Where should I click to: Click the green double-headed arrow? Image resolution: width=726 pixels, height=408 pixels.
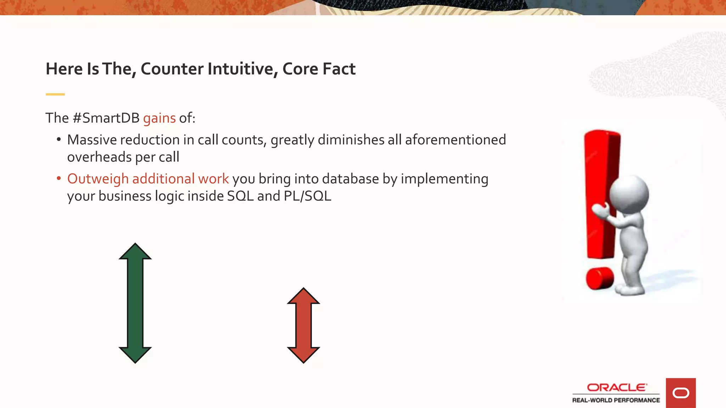coord(135,303)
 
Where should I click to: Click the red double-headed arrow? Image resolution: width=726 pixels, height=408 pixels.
coord(303,325)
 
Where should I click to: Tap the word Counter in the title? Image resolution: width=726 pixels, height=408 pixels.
coord(172,69)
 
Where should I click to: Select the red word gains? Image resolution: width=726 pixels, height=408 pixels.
coord(159,118)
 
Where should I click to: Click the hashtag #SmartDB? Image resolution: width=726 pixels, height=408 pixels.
coord(106,118)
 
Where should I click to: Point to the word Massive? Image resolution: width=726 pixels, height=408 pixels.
coord(90,140)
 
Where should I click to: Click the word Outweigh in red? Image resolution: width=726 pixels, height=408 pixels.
coord(98,179)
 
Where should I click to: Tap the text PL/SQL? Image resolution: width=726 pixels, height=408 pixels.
coord(307,196)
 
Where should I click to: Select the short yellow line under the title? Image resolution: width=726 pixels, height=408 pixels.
coord(55,94)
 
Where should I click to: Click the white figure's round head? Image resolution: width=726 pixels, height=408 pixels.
coord(630,194)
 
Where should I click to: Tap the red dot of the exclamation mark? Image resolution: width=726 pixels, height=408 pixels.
coord(599,278)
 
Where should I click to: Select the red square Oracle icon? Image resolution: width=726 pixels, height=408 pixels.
coord(681,393)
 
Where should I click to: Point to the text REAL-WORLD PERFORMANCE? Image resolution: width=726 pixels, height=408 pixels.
coord(616,400)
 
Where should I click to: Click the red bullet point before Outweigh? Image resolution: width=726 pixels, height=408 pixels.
coord(59,178)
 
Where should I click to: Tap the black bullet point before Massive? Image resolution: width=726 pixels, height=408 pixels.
coord(59,140)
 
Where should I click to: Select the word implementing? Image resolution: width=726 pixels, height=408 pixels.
coord(445,179)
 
